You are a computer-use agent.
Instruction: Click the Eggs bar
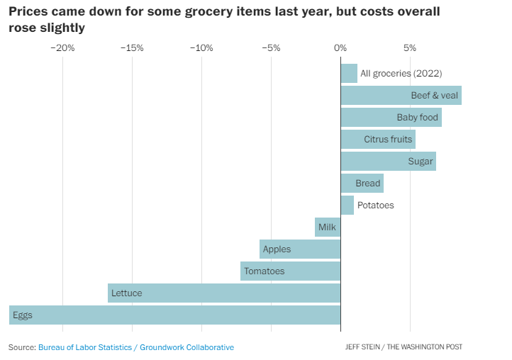(x=174, y=315)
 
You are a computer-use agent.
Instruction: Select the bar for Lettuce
(x=224, y=293)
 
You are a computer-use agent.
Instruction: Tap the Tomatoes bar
(x=290, y=271)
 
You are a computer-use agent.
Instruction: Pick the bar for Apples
(x=300, y=249)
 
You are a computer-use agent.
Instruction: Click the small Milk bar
(x=328, y=227)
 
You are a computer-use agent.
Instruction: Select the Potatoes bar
(x=347, y=205)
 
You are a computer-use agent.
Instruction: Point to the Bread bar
(x=362, y=183)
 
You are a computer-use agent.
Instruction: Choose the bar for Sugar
(x=388, y=161)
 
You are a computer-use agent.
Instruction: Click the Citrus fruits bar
(x=378, y=139)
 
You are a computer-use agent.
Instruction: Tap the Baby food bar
(x=391, y=117)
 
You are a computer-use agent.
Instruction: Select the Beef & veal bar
(x=401, y=95)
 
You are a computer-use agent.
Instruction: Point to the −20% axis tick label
(x=62, y=48)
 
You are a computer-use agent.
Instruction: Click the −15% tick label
(x=132, y=48)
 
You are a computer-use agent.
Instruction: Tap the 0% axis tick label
(x=340, y=48)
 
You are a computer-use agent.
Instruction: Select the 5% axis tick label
(x=410, y=48)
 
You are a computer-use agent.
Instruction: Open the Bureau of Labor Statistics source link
(x=86, y=347)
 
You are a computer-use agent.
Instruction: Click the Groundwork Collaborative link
(x=187, y=347)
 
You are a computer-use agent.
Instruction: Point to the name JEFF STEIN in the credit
(x=364, y=347)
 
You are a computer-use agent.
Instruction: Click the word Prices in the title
(x=28, y=12)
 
